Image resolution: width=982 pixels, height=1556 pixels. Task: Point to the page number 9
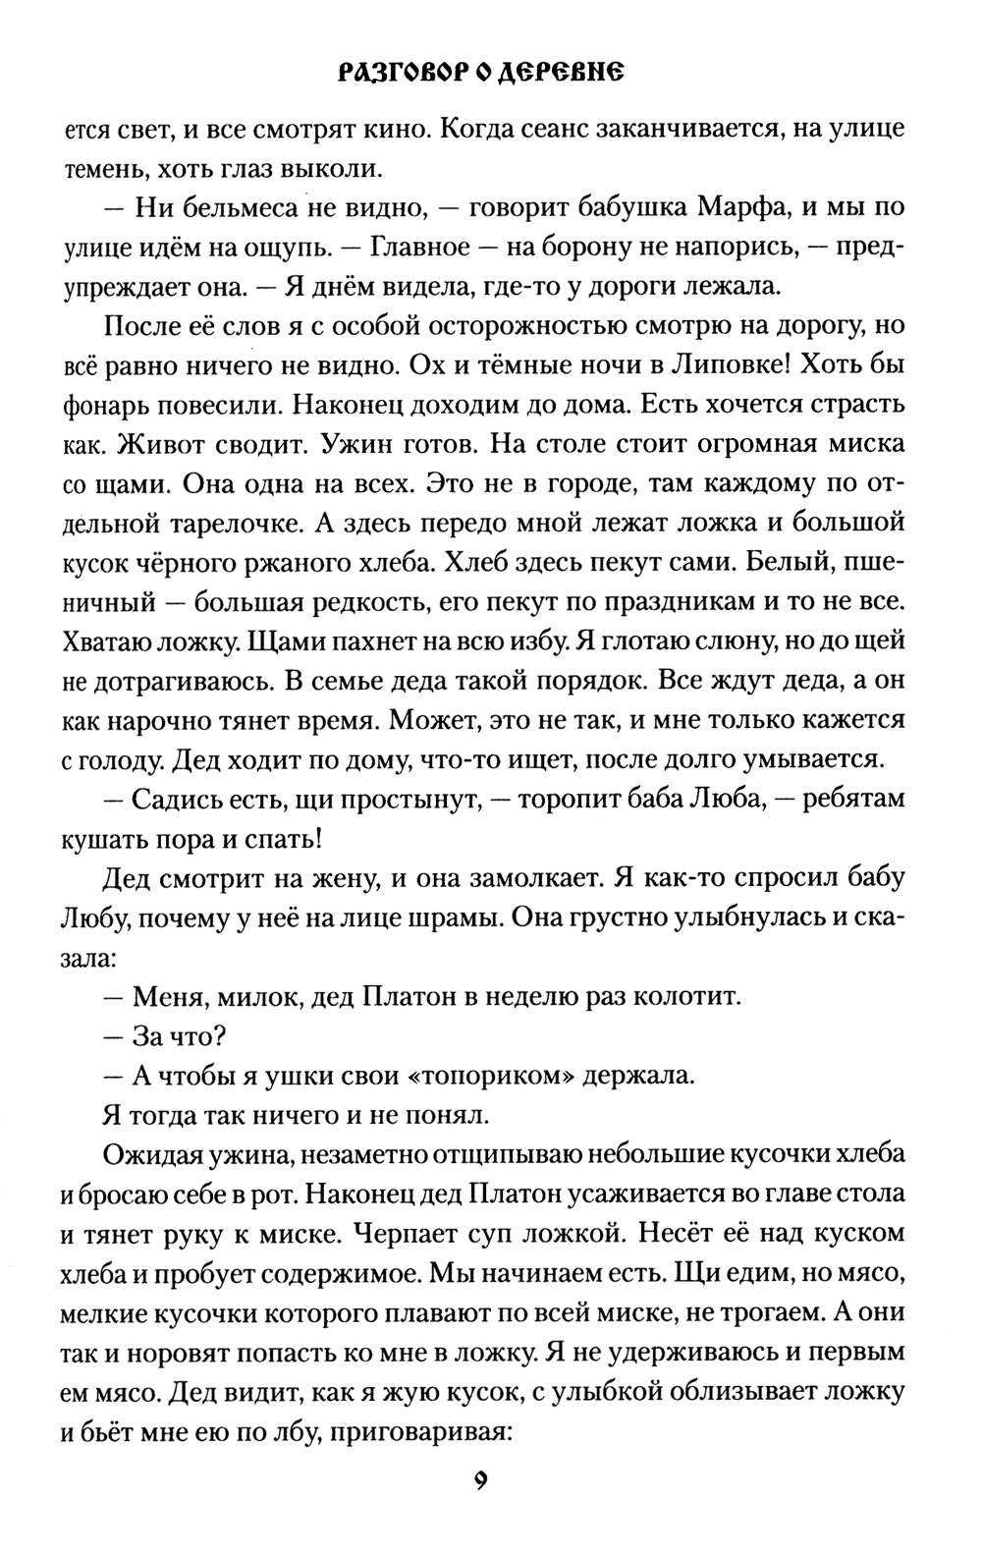tap(481, 1508)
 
